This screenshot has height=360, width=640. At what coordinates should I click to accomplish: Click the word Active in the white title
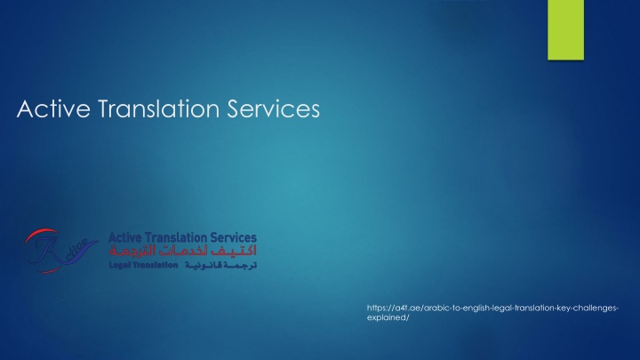coord(53,108)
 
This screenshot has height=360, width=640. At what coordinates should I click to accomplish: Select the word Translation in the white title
coord(159,108)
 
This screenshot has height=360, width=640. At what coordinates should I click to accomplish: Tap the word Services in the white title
coord(273,108)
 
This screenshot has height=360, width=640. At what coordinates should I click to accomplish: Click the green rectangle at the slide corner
coord(565,30)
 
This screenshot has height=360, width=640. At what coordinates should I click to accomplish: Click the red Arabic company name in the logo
coord(183,251)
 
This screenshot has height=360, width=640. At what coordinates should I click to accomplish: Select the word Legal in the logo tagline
coord(119,265)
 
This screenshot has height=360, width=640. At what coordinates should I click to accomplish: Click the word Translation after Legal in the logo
coord(155,265)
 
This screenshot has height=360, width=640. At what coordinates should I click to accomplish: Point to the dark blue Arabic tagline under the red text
coord(220,265)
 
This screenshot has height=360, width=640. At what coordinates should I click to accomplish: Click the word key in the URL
coord(563,308)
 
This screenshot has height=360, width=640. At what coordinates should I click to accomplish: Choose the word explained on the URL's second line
coord(386,317)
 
